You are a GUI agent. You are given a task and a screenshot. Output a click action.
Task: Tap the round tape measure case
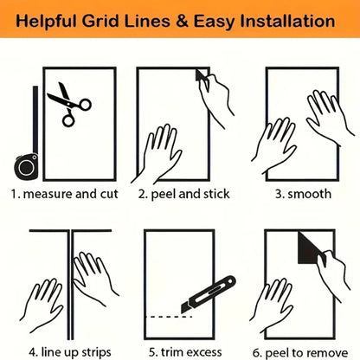26,166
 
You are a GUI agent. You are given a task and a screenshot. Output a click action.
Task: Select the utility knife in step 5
209,294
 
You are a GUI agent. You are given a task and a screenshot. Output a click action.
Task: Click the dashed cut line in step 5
169,317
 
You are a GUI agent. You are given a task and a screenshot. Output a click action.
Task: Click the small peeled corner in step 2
200,75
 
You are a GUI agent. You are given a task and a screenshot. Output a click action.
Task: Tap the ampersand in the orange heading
182,22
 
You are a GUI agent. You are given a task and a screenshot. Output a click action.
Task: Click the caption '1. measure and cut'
65,194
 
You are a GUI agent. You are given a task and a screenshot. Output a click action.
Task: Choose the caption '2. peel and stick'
183,194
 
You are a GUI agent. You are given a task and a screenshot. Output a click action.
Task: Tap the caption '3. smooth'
303,194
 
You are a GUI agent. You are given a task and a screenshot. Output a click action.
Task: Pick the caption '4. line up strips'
70,352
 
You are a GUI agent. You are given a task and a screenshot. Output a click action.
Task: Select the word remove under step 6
326,353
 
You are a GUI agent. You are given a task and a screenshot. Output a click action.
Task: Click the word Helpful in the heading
47,22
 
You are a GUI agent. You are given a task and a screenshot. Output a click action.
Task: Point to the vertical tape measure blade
35,119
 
